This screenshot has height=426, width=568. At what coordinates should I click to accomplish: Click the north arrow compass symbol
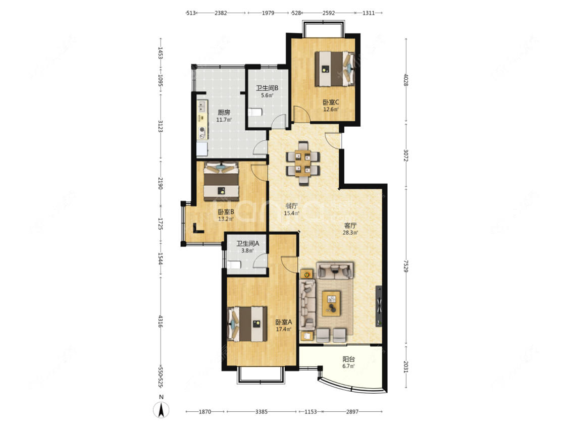click(161, 410)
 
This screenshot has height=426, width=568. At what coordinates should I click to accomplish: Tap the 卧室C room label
click(331, 102)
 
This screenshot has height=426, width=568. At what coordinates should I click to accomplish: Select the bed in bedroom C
click(335, 69)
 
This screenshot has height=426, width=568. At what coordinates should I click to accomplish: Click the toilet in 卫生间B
click(255, 112)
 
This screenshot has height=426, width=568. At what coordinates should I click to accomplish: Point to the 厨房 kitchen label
click(224, 112)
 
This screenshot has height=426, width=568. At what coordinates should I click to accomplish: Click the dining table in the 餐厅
click(303, 163)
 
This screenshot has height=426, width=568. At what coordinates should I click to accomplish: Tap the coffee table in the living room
click(331, 303)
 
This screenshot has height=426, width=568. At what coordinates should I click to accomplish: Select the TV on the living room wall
click(379, 306)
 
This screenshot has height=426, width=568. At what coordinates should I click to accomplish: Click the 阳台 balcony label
click(348, 359)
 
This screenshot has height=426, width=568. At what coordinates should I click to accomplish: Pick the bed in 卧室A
click(247, 324)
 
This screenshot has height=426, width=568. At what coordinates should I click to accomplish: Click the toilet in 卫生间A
click(234, 264)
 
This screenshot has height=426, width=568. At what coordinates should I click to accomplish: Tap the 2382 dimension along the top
click(221, 13)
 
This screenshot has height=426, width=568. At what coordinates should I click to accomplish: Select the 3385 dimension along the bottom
click(262, 411)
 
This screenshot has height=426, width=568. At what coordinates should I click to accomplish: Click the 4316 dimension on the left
click(160, 321)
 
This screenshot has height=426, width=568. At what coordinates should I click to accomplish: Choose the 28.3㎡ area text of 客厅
click(350, 233)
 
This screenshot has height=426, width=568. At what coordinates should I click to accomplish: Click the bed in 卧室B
click(221, 181)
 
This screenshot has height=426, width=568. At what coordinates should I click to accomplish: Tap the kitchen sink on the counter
click(202, 106)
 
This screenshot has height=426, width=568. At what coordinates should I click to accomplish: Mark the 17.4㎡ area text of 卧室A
click(283, 329)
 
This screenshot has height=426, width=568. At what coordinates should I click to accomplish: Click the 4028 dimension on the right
click(406, 80)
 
